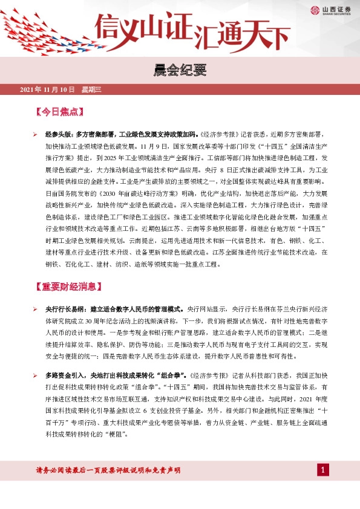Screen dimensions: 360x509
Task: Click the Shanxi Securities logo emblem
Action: [x=315, y=9]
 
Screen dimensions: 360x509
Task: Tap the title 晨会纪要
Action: [x=180, y=71]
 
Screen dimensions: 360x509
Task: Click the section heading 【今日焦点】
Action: [x=60, y=112]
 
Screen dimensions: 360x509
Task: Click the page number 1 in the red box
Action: [x=324, y=470]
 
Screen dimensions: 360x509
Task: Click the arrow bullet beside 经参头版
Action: [x=36, y=134]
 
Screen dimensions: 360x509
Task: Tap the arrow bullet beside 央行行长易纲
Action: [x=36, y=308]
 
